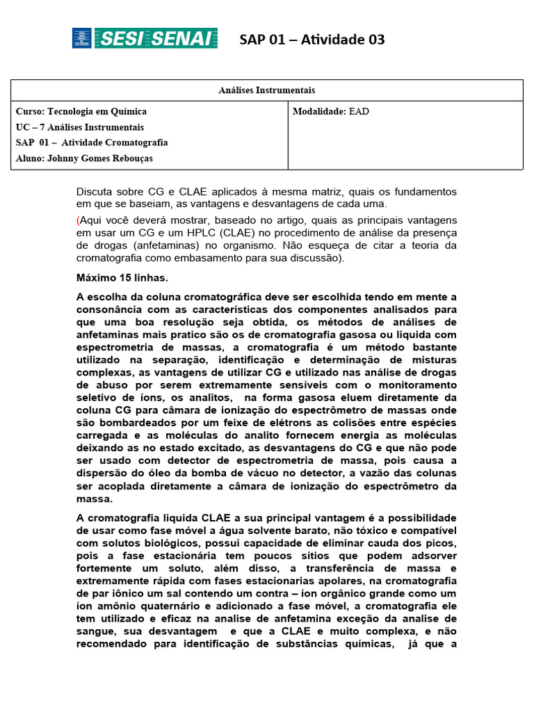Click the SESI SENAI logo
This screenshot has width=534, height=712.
coord(145,38)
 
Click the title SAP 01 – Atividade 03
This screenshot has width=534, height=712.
coord(311,40)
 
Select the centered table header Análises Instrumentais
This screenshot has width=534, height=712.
coord(267,90)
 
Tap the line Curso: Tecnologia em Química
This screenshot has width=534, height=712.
coord(81,111)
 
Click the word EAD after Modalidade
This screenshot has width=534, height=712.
coord(359,111)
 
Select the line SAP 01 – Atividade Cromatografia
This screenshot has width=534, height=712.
coord(92,143)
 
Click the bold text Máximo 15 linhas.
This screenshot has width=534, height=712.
coord(122,278)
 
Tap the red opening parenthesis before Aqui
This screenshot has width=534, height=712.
coord(78,220)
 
